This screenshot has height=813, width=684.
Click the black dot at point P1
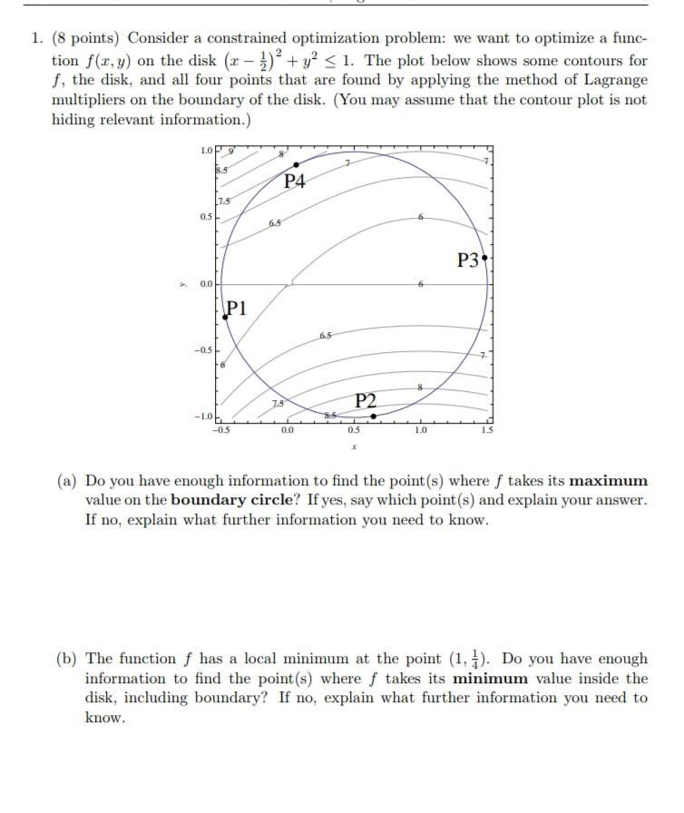pyautogui.click(x=225, y=317)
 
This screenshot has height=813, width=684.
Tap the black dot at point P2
pyautogui.click(x=374, y=416)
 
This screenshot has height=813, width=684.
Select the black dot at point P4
pyautogui.click(x=296, y=164)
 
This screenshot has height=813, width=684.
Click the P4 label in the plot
pyautogui.click(x=295, y=181)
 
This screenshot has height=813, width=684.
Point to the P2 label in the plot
pyautogui.click(x=366, y=400)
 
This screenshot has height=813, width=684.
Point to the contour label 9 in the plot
pyautogui.click(x=230, y=151)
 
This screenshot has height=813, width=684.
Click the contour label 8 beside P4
pyautogui.click(x=281, y=155)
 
